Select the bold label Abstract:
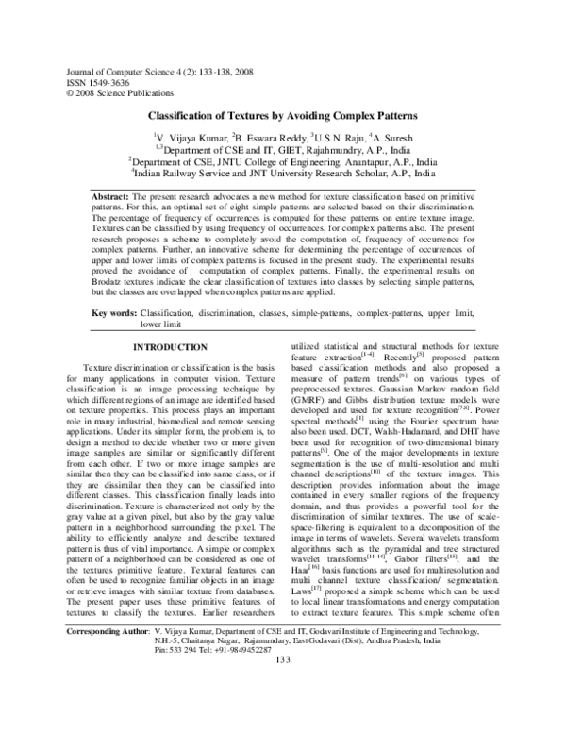coord(110,192)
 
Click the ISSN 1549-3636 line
coord(92,83)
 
